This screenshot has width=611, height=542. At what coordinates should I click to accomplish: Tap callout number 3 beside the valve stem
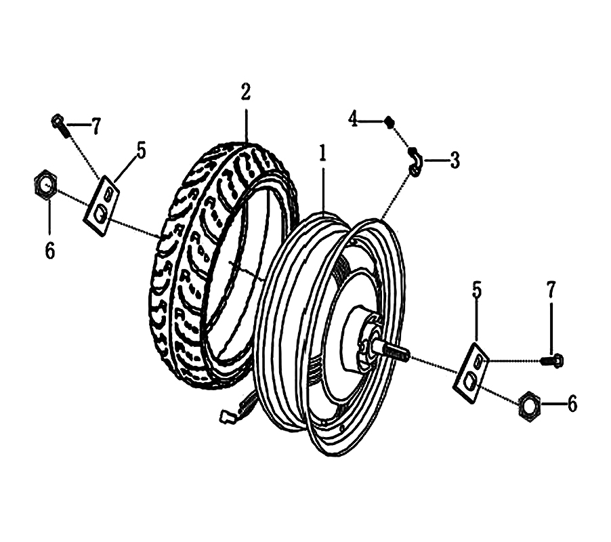(x=454, y=161)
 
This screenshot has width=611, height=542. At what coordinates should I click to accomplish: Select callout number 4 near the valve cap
(x=353, y=120)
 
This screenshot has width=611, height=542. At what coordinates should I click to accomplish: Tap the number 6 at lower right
(x=572, y=405)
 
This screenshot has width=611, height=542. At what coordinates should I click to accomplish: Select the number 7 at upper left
(x=96, y=127)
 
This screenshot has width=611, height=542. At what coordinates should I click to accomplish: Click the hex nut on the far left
(x=44, y=185)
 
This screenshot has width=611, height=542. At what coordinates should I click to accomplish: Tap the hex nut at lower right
(x=528, y=406)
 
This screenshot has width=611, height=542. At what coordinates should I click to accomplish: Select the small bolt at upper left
(x=60, y=125)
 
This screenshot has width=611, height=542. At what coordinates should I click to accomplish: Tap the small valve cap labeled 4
(x=389, y=122)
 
